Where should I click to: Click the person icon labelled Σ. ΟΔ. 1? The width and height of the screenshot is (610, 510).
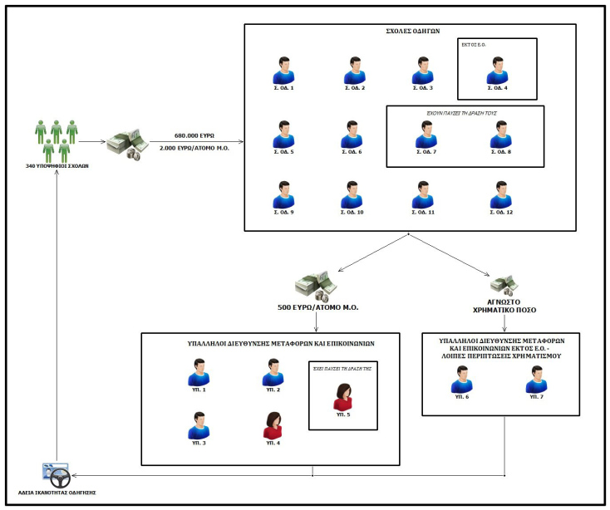pyautogui.click(x=284, y=70)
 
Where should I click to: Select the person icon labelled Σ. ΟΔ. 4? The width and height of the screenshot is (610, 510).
pyautogui.click(x=499, y=70)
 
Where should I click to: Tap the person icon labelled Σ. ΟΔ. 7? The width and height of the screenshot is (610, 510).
pyautogui.click(x=426, y=133)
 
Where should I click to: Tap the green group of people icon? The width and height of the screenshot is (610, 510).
pyautogui.click(x=57, y=140)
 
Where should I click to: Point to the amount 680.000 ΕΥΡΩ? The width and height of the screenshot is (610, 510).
pyautogui.click(x=195, y=135)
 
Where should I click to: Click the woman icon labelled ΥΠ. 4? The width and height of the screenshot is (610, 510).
pyautogui.click(x=272, y=424)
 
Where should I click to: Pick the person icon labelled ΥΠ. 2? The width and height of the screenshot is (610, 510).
pyautogui.click(x=272, y=373)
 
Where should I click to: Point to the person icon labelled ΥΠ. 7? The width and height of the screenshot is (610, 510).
pyautogui.click(x=536, y=380)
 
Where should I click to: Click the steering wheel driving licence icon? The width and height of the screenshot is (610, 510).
pyautogui.click(x=55, y=475)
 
